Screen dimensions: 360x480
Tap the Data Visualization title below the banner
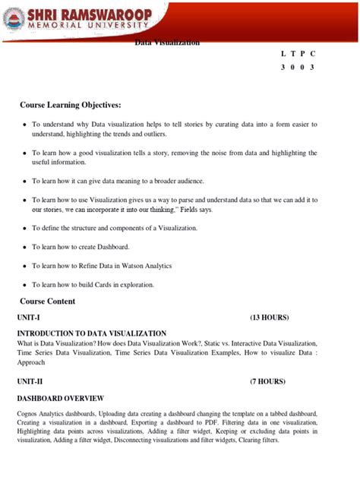(x=168, y=43)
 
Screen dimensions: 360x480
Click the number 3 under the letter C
(x=311, y=67)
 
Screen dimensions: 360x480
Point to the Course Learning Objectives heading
(x=71, y=103)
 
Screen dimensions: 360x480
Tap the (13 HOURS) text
(x=269, y=317)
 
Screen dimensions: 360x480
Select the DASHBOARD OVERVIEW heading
(x=61, y=398)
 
